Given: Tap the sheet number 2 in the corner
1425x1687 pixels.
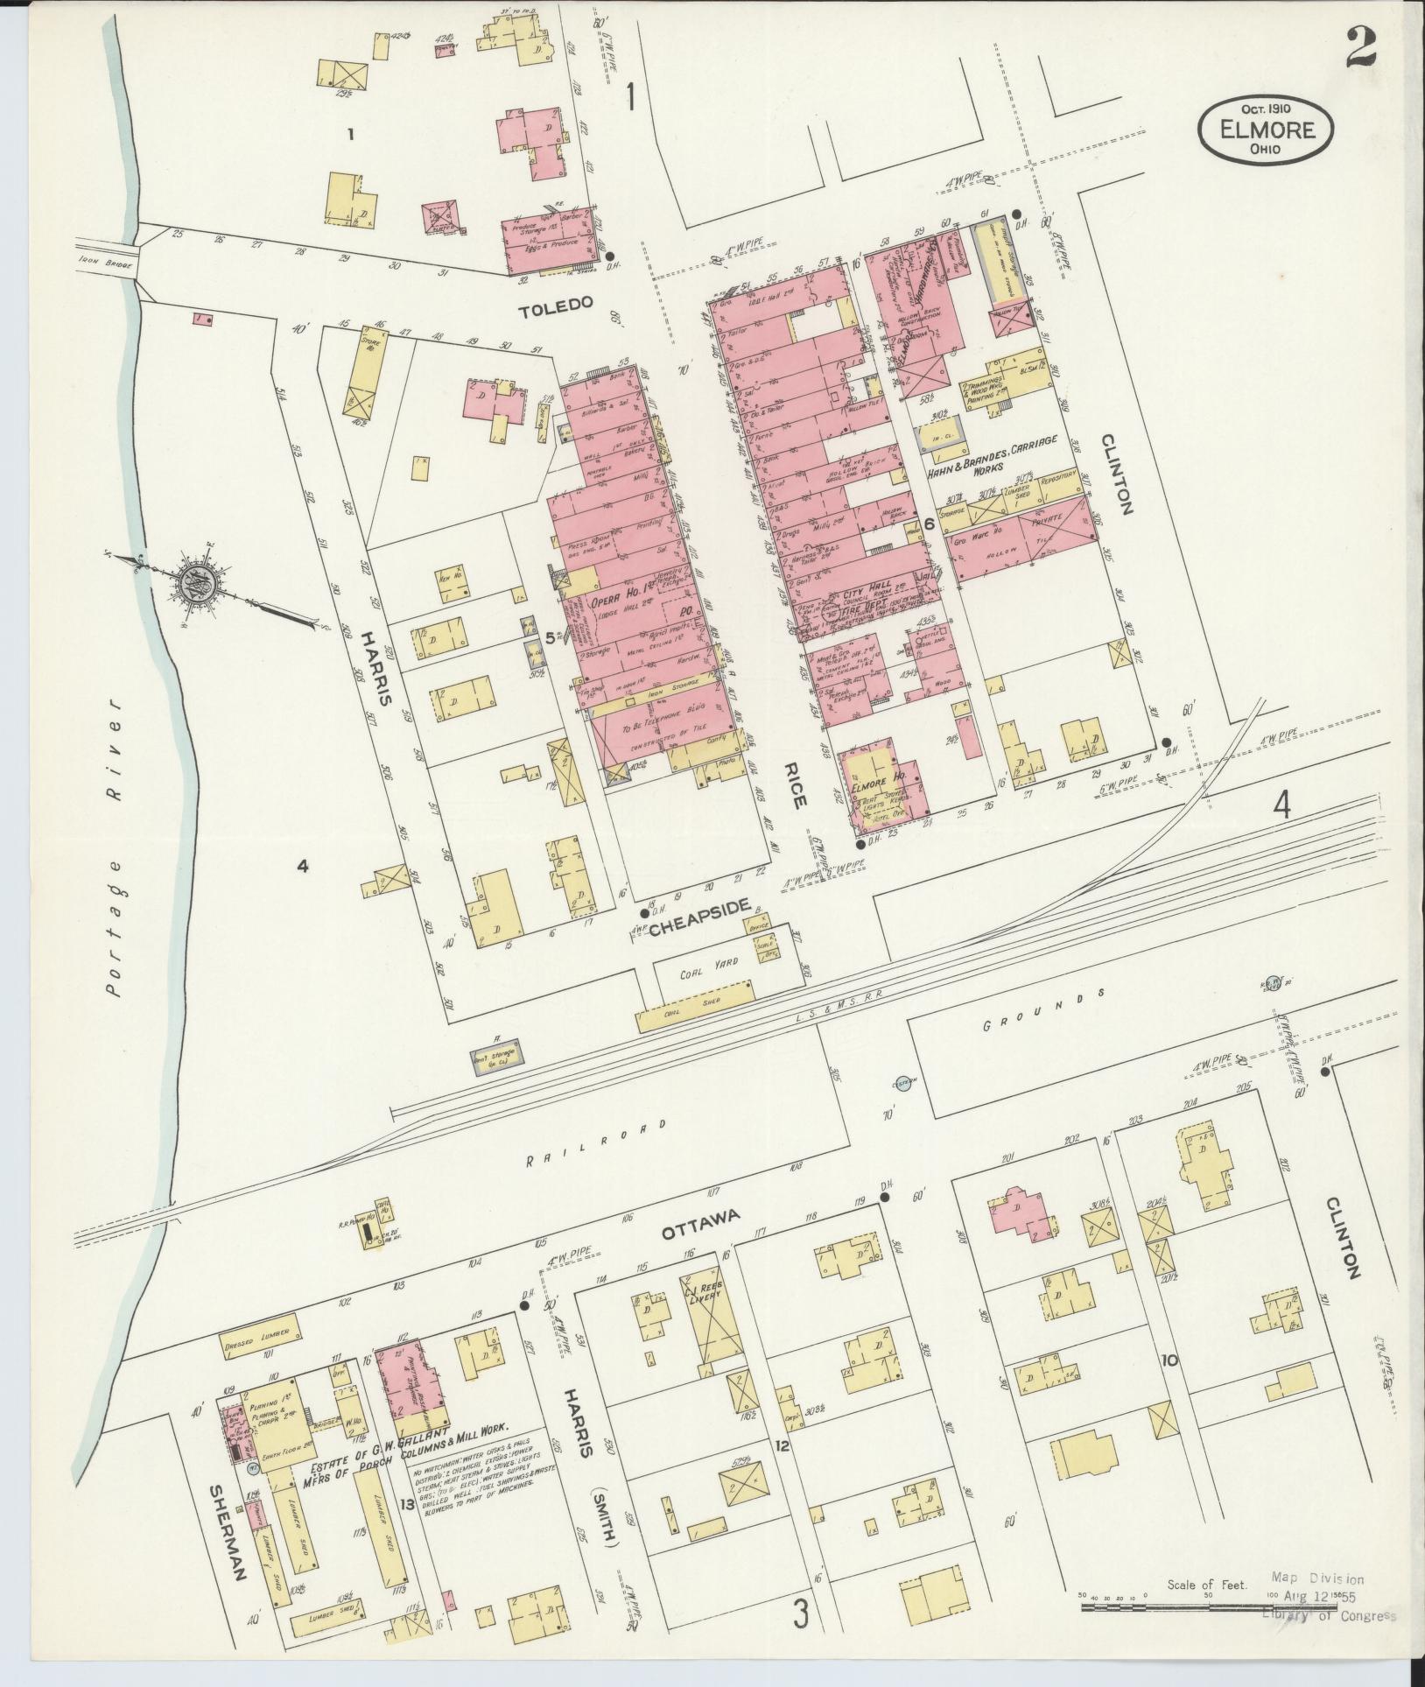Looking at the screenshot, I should [x=1362, y=49].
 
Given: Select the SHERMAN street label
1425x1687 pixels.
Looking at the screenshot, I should [x=227, y=1529].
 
